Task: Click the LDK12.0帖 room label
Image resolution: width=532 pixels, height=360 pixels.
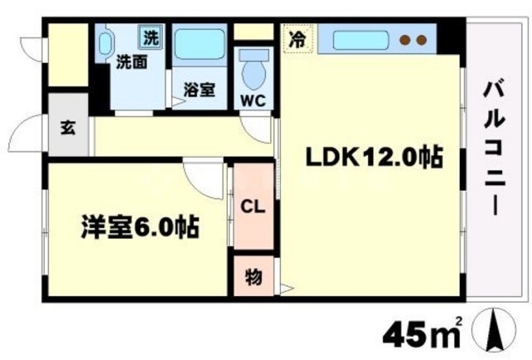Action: click(x=372, y=157)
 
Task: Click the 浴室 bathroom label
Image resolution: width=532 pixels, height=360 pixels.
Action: click(x=200, y=89)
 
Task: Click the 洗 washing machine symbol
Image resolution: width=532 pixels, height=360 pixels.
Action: click(x=150, y=37)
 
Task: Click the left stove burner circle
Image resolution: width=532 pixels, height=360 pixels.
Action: click(x=406, y=39)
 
